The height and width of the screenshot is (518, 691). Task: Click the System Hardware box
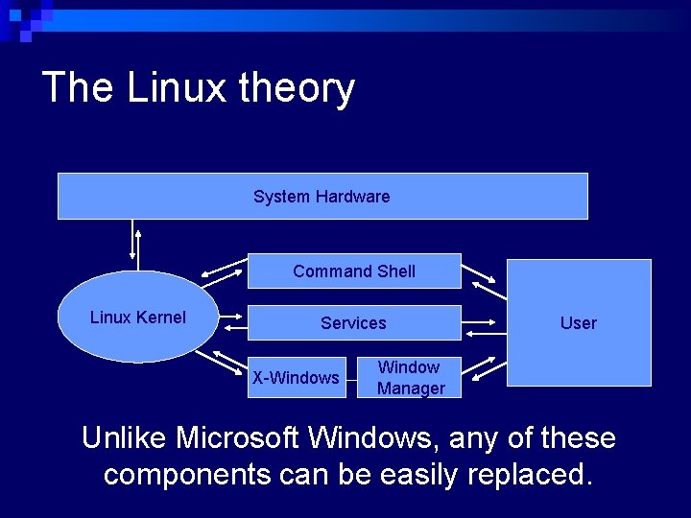[x=322, y=197]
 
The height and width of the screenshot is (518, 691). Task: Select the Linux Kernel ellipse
[x=138, y=318]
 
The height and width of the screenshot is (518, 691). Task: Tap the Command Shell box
[x=354, y=271]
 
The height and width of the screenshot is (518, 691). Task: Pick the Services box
[x=354, y=323]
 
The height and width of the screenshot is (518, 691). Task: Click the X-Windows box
[x=296, y=378]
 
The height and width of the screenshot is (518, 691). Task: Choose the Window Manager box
[x=410, y=378]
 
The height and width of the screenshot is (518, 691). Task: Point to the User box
[x=579, y=323]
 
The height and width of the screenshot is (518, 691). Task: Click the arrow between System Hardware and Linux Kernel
[x=135, y=244]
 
